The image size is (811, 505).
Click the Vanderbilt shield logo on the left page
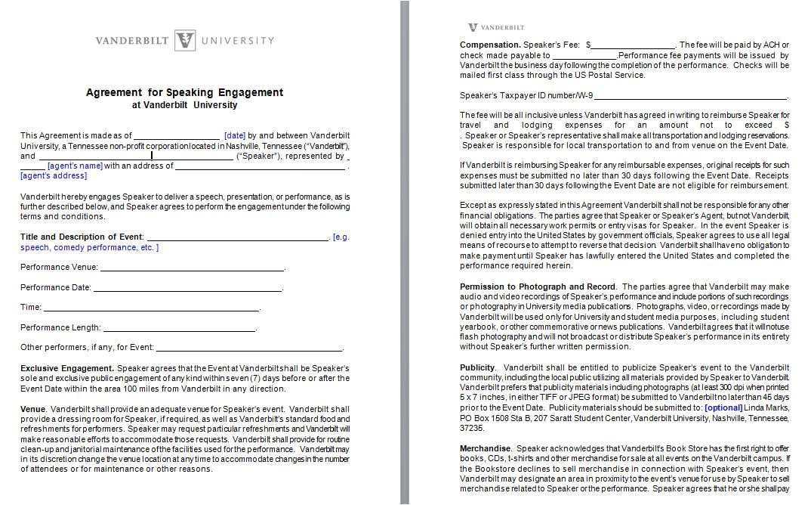(x=185, y=41)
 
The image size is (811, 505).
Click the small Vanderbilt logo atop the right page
(x=473, y=27)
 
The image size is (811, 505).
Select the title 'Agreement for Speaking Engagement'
(x=184, y=92)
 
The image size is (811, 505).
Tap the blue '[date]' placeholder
(x=235, y=135)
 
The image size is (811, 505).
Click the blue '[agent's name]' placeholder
(x=75, y=166)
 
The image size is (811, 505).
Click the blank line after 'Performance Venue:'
(x=192, y=268)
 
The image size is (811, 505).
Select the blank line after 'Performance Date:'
(x=187, y=288)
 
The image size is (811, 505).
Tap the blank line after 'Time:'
(x=151, y=308)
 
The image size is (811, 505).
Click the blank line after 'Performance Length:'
(x=179, y=328)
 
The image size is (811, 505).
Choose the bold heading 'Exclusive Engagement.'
(x=67, y=368)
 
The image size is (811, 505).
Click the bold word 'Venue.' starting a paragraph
(x=33, y=409)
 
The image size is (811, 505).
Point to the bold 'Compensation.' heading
(x=490, y=45)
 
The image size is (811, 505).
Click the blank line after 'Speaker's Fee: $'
(x=632, y=45)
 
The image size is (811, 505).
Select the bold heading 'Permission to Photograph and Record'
(x=538, y=287)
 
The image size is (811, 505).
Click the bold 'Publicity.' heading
(x=478, y=367)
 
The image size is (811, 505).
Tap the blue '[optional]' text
(x=723, y=407)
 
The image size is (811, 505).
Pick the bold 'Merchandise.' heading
(x=486, y=448)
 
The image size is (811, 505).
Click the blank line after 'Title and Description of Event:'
(x=237, y=237)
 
